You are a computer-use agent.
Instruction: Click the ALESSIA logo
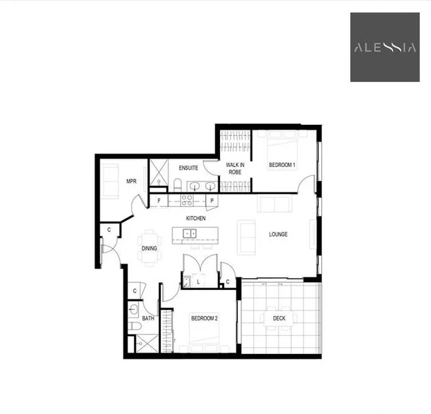[385, 48]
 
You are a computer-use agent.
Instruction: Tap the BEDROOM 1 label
[282, 165]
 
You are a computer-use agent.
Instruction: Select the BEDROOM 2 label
[204, 317]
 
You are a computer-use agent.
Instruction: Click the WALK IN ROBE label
[234, 168]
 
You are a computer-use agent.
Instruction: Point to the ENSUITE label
[188, 168]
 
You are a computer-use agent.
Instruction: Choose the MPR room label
[131, 181]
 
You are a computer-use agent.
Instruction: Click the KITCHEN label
[196, 218]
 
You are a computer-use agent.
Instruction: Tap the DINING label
[149, 248]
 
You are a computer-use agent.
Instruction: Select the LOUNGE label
[278, 234]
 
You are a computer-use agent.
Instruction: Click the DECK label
[279, 318]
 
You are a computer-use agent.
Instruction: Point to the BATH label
[148, 318]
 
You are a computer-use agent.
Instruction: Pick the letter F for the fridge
[159, 201]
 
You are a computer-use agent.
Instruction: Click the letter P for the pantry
[212, 201]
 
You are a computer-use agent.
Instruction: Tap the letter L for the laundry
[198, 281]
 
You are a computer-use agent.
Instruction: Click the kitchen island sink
[191, 234]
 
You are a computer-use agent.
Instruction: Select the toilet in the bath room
[135, 323]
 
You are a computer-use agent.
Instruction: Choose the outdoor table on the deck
[279, 318]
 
